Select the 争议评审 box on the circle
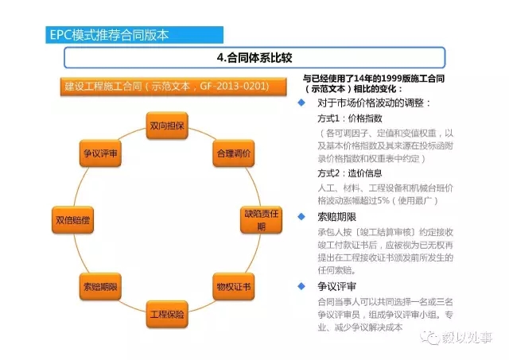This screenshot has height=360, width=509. click(x=101, y=153)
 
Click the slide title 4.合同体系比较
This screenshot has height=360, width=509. click(x=254, y=59)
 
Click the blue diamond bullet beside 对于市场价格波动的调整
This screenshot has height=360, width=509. click(x=301, y=103)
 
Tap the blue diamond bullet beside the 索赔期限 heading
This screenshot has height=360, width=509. click(x=301, y=216)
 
